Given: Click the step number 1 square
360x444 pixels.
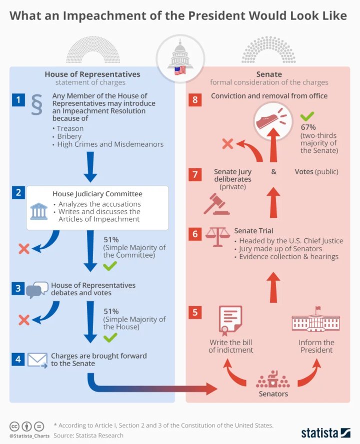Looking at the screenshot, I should coord(18,100).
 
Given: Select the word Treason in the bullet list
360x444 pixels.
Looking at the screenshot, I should coord(70,128).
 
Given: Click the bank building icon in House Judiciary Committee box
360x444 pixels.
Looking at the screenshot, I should coord(39,211).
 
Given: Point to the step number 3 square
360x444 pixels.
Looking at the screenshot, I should coord(18,288).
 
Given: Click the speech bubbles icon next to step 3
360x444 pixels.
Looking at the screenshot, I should coord(37,290).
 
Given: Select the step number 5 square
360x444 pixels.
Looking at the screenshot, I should coord(194,313).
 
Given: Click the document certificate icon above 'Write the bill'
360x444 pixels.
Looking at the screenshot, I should coord(230,320).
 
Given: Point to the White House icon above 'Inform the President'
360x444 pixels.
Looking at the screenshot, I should coord(315,320).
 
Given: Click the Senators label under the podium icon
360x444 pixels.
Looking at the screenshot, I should coord(273,394).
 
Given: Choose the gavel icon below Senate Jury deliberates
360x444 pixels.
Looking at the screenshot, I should coord(216,204).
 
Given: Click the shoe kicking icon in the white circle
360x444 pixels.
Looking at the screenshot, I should coord(272,120).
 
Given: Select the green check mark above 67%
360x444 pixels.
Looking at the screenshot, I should coord(306,116).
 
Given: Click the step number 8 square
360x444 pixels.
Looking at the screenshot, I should coord(194,100).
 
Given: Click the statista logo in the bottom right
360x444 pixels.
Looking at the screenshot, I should coord(325,433).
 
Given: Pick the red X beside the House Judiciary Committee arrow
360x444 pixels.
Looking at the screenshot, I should coord(23,248).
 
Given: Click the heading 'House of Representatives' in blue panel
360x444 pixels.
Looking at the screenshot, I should coord(92,74).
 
